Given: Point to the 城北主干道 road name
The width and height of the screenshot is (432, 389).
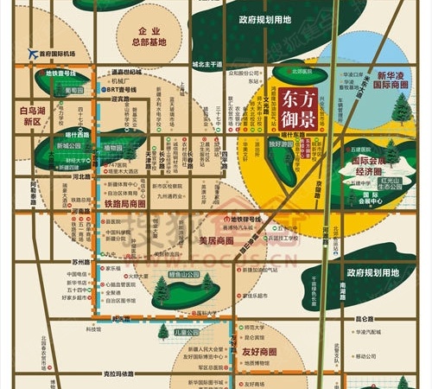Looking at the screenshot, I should (207, 64).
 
